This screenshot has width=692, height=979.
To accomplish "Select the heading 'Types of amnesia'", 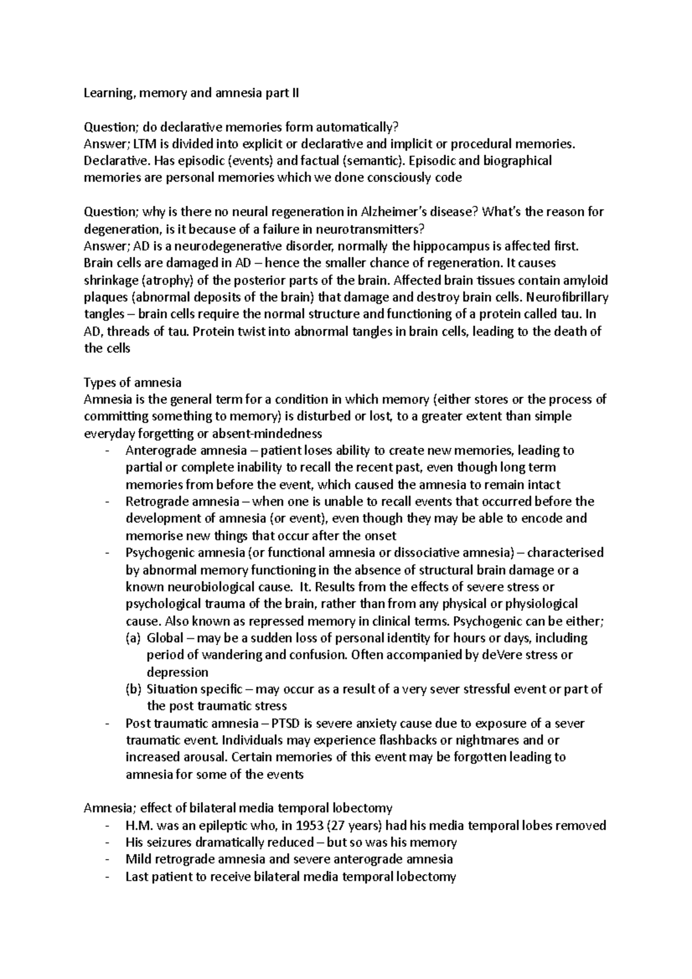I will tap(133, 382).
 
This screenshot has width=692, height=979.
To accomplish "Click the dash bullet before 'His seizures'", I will tap(108, 842).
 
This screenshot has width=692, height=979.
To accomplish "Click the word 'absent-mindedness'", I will tap(273, 433).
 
